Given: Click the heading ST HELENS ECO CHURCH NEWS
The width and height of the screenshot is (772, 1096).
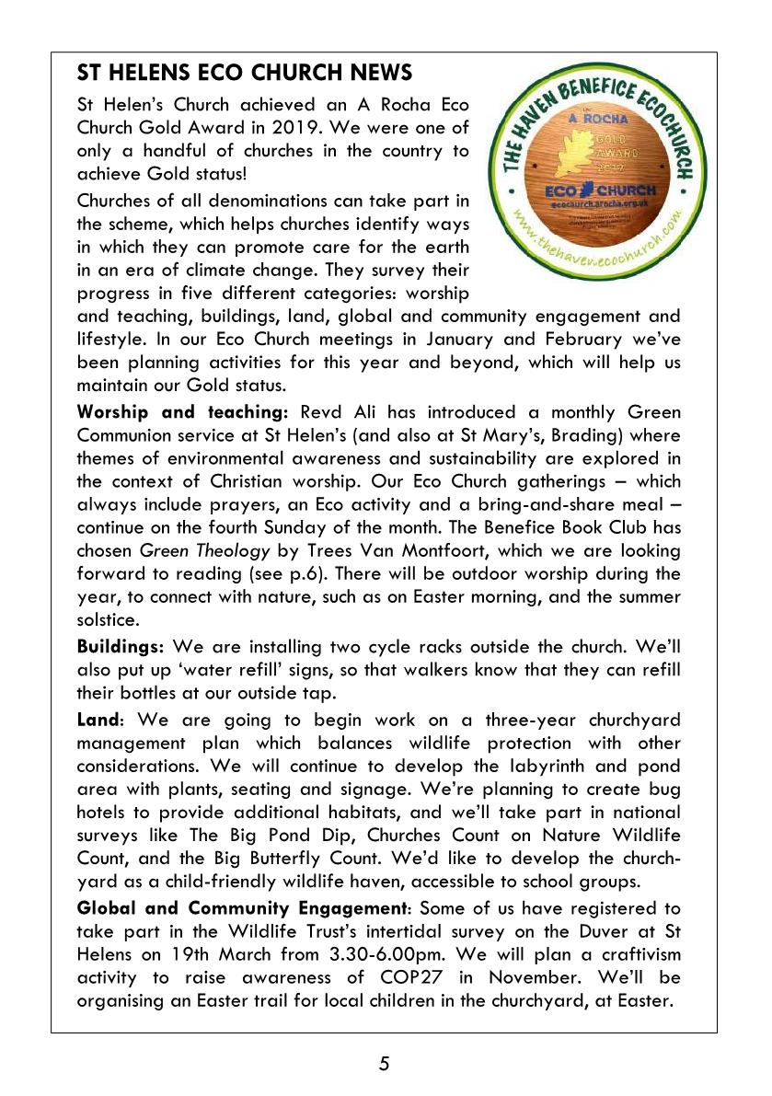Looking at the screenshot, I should coord(245,73).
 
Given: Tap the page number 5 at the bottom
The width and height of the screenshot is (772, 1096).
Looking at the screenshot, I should coord(385,1065).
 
